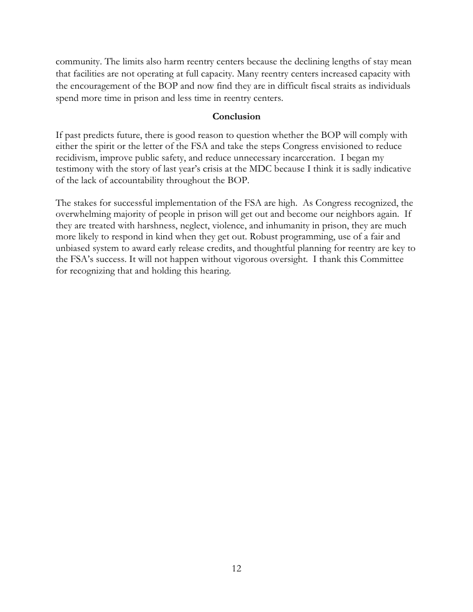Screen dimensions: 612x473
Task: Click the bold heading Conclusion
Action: [237, 116]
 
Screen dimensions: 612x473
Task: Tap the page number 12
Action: [237, 569]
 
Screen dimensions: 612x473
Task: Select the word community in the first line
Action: [78, 61]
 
